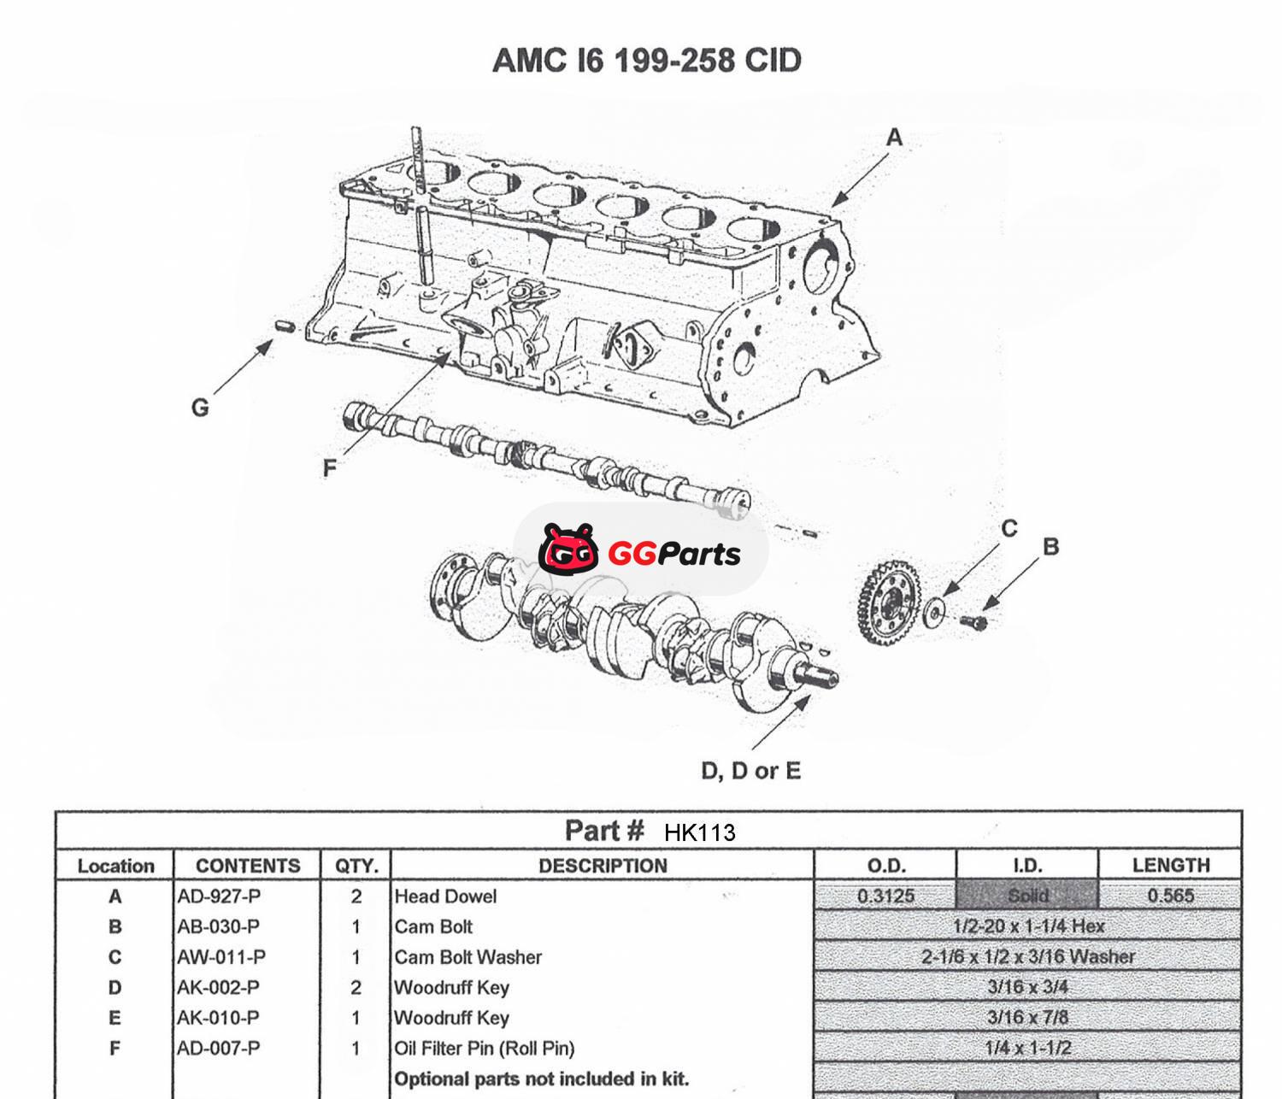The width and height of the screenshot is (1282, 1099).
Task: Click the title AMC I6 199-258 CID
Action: (x=647, y=61)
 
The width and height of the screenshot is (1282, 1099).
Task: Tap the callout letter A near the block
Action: (x=894, y=137)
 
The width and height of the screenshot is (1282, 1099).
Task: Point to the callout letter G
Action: (x=200, y=407)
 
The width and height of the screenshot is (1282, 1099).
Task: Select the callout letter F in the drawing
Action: (x=330, y=467)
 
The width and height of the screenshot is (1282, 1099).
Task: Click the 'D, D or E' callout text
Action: (x=750, y=771)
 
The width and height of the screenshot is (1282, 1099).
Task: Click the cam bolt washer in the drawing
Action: (x=936, y=610)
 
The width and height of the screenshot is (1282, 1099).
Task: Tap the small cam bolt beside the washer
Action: (x=973, y=622)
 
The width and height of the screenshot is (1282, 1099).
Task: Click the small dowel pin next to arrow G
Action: (x=285, y=326)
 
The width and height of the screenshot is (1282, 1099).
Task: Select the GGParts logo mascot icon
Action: (x=568, y=549)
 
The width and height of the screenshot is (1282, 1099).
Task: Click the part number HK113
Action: (x=699, y=832)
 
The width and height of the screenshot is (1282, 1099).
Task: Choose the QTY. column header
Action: (x=356, y=866)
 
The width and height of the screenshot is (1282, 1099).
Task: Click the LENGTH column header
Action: (x=1170, y=865)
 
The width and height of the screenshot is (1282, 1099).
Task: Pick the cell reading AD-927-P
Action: (x=219, y=896)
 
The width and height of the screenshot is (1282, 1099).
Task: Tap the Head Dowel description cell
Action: (x=445, y=896)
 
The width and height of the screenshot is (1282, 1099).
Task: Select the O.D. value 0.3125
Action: (x=885, y=896)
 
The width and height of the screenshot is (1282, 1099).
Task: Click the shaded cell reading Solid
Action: (x=1027, y=896)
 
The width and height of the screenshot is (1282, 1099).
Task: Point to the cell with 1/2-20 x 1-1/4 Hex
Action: (x=1028, y=926)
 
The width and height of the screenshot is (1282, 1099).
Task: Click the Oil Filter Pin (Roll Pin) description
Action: (x=484, y=1048)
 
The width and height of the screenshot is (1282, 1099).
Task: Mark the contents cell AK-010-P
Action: (x=219, y=1018)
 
